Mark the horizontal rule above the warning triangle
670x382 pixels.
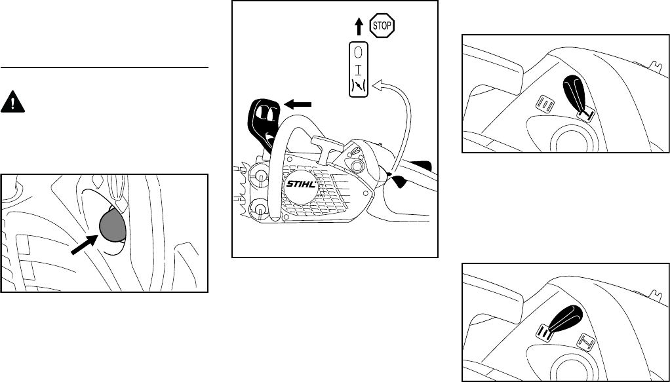(104, 67)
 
